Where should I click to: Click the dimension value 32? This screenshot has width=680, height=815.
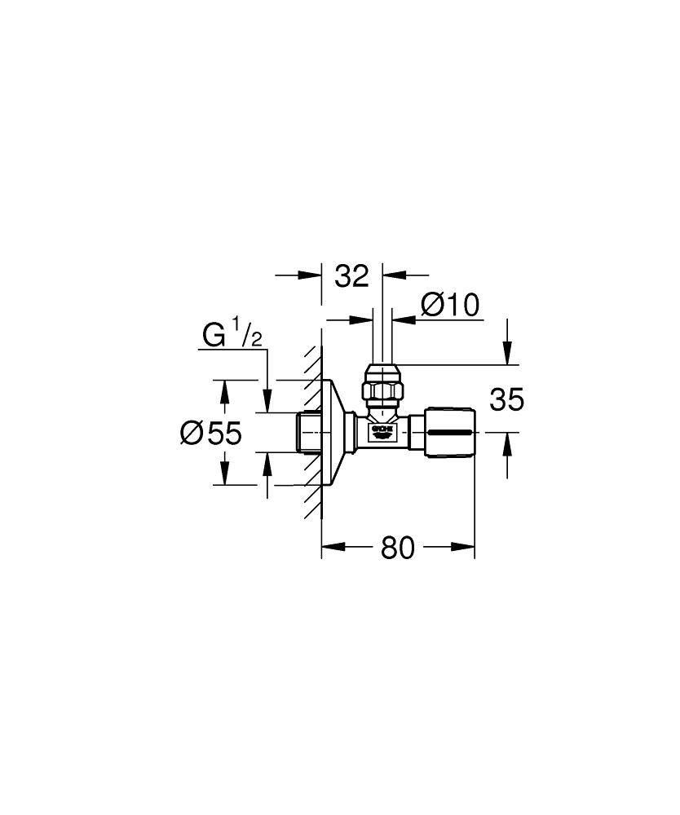pyautogui.click(x=352, y=276)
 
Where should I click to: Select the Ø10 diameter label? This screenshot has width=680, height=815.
pyautogui.click(x=449, y=306)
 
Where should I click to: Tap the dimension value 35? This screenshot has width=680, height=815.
pyautogui.click(x=506, y=399)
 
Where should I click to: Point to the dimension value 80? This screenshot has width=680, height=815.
pyautogui.click(x=398, y=548)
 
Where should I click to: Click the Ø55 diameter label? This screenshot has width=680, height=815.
pyautogui.click(x=211, y=433)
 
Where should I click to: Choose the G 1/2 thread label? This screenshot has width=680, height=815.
pyautogui.click(x=232, y=335)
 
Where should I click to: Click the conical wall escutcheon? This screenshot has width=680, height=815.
pyautogui.click(x=336, y=432)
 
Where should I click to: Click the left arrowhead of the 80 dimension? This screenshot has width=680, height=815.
pyautogui.click(x=327, y=548)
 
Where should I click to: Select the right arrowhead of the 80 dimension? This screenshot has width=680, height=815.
pyautogui.click(x=469, y=548)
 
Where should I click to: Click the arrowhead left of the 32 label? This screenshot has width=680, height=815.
pyautogui.click(x=316, y=275)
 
